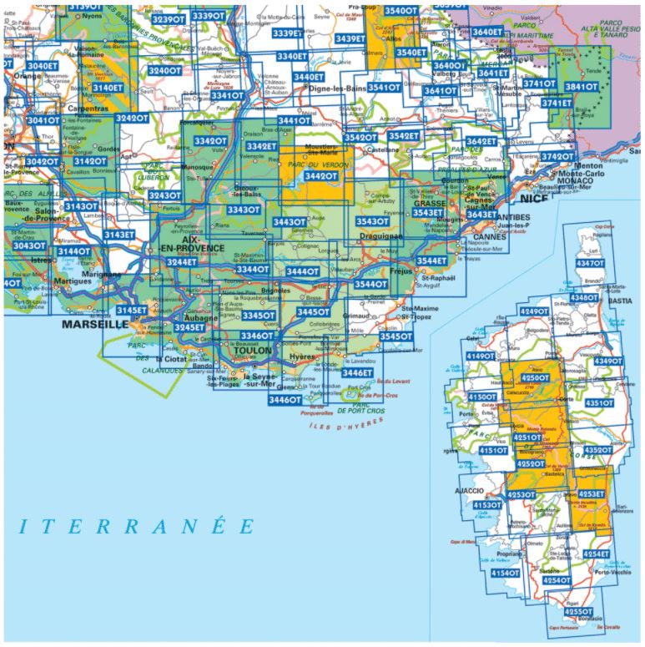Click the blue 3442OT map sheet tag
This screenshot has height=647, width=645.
(x=320, y=176)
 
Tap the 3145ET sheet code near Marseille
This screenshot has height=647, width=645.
(x=133, y=311)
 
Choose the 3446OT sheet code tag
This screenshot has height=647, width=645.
(x=285, y=400)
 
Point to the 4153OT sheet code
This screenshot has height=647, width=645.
(x=488, y=505)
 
